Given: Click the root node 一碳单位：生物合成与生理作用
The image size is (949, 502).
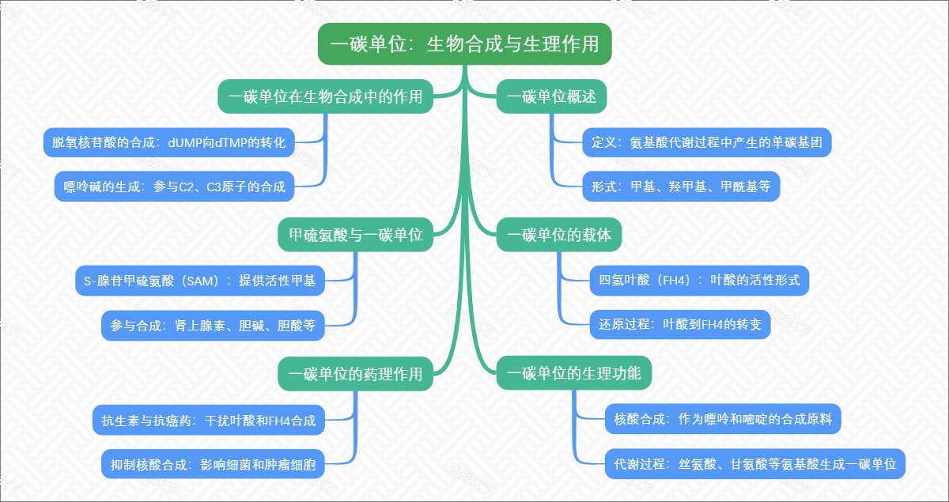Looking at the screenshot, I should pyautogui.click(x=465, y=43).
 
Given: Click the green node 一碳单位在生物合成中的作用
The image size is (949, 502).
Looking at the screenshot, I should pyautogui.click(x=325, y=97).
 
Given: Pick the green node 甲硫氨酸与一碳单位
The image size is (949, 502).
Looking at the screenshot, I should pyautogui.click(x=355, y=236).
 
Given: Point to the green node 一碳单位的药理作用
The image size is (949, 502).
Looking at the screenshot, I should pyautogui.click(x=355, y=373).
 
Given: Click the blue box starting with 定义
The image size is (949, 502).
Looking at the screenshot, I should pyautogui.click(x=706, y=142).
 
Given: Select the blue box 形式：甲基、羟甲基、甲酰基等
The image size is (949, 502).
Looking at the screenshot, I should pyautogui.click(x=680, y=187).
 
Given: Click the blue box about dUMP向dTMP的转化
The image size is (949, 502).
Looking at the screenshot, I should pyautogui.click(x=169, y=142).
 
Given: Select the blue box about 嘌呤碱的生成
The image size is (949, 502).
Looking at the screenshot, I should pyautogui.click(x=175, y=187).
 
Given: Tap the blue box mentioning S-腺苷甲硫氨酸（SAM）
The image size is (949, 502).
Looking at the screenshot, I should pyautogui.click(x=199, y=280).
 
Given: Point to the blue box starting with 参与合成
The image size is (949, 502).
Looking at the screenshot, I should pyautogui.click(x=213, y=325).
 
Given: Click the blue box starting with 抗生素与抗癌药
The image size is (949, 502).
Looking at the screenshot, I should pyautogui.click(x=209, y=420).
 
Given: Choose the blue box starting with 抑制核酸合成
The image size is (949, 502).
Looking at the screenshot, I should pyautogui.click(x=213, y=464).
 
